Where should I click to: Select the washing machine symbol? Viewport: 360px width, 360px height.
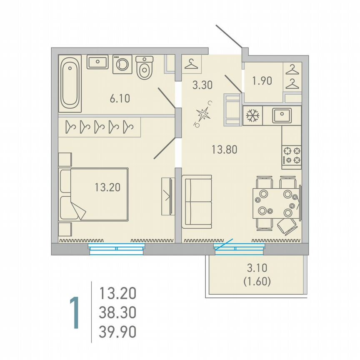point(122,64)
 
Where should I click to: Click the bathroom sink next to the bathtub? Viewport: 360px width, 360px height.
point(97,62)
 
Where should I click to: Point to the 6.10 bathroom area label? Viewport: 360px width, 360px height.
point(120,99)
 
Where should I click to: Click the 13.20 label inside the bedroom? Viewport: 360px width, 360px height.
point(107,187)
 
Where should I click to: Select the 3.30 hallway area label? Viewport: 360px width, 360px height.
point(202,86)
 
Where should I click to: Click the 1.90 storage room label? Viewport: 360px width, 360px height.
point(262,80)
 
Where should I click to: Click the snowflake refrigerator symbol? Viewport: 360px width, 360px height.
point(252,116)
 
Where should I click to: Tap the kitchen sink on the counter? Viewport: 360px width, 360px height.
point(286,115)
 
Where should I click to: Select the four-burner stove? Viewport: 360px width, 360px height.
point(292,155)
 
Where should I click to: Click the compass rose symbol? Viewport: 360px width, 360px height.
point(204,113)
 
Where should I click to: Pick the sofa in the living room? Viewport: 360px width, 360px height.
point(197,202)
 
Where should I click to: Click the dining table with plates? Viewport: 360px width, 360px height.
point(275,202)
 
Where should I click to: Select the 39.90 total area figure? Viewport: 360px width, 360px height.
point(117,332)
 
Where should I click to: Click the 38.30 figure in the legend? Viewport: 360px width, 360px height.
point(117,312)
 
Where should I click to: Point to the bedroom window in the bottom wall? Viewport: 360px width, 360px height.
point(117,249)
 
